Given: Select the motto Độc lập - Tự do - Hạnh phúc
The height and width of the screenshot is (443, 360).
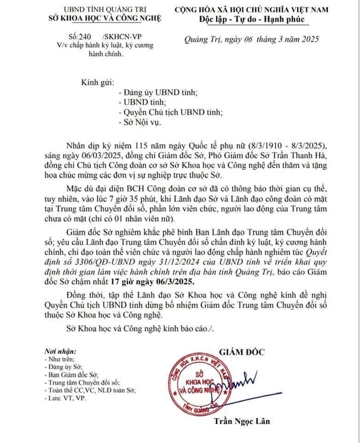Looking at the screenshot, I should point(252,19).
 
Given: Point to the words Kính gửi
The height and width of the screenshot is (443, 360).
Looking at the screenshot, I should point(97,82).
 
